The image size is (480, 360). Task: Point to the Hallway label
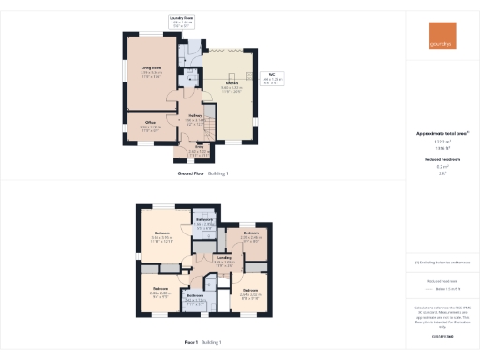(195, 117)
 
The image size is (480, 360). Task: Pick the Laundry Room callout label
(182, 20)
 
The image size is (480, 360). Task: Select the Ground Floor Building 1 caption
(202, 174)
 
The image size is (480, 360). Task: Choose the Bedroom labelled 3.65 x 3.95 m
(162, 238)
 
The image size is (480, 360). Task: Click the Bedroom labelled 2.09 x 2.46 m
(250, 235)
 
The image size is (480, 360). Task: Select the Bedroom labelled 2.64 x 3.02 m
(249, 292)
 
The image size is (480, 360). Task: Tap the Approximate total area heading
(441, 134)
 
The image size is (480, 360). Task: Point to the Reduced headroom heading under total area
(441, 160)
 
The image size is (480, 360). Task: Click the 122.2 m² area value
(441, 142)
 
